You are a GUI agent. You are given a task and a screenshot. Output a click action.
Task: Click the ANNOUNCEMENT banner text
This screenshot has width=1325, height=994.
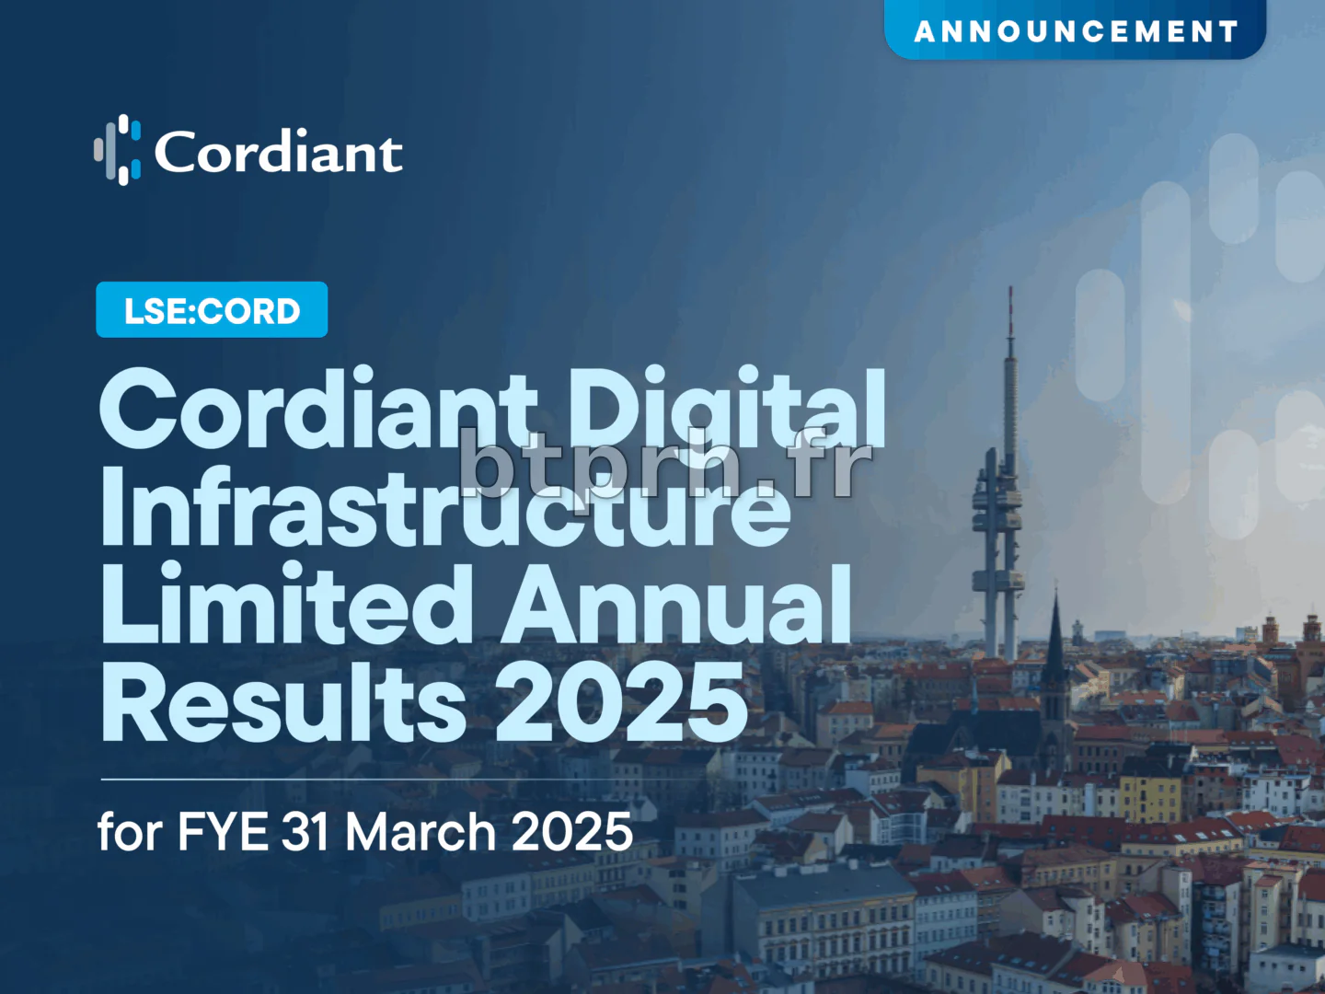(x=1076, y=31)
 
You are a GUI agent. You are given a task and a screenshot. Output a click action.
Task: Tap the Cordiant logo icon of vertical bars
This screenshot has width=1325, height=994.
(x=118, y=150)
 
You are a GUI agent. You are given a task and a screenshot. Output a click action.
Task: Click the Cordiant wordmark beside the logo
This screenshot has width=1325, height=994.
(x=278, y=152)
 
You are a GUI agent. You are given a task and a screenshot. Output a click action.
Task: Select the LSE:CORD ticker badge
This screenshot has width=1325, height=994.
(x=212, y=310)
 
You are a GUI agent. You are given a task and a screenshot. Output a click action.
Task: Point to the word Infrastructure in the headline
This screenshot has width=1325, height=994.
(x=445, y=508)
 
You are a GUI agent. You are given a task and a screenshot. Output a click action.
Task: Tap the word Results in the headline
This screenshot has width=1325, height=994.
(x=283, y=703)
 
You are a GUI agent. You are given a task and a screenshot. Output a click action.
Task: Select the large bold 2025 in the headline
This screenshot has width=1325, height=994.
(x=621, y=703)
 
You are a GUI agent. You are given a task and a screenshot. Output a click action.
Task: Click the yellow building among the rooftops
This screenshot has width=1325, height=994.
(x=1151, y=797)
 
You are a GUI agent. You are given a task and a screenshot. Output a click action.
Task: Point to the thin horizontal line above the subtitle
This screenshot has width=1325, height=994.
(x=368, y=780)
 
